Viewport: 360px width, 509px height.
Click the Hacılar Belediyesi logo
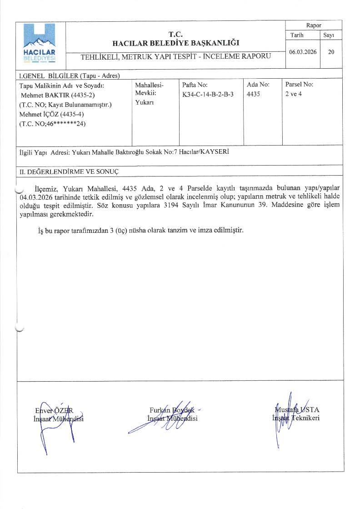point(40,44)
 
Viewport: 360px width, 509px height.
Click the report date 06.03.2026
point(303,52)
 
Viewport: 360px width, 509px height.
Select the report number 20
point(331,52)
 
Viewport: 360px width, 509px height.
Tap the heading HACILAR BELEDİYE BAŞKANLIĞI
point(176,43)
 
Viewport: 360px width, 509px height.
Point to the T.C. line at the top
point(175,34)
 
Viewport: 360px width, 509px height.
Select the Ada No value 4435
point(253,94)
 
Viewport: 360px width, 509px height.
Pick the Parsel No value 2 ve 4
point(293,94)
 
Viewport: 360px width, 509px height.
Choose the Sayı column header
point(329,35)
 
